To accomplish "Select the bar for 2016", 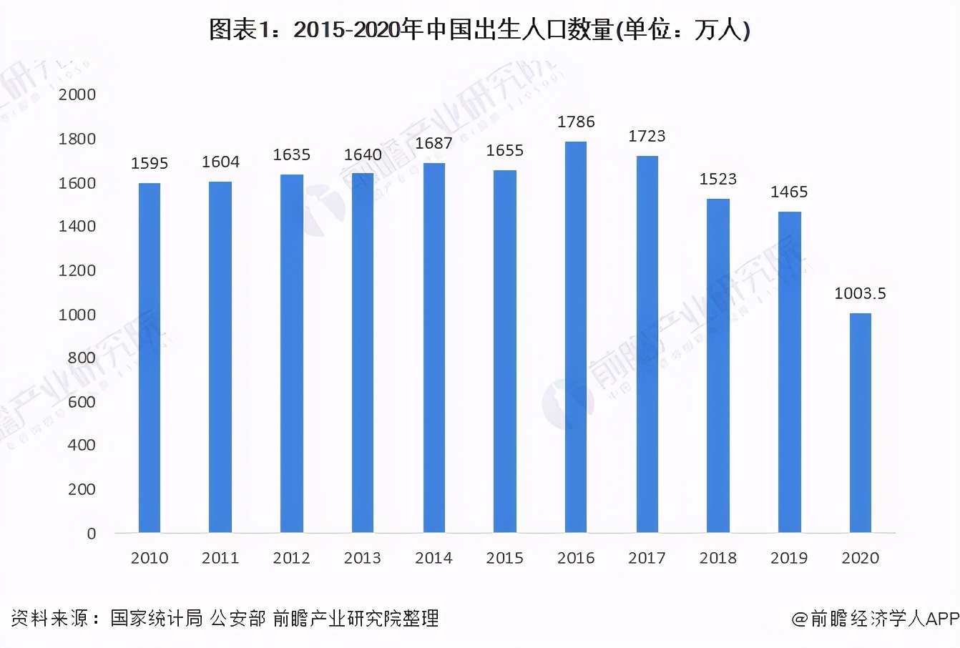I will tap(576, 337).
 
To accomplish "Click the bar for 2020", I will tap(860, 423).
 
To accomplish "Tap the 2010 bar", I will tap(150, 358).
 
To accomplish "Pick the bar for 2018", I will tap(717, 365).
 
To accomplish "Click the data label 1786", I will tap(576, 122).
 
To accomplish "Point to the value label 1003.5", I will tap(860, 293).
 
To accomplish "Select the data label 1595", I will tap(150, 164).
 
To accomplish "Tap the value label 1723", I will tap(647, 137).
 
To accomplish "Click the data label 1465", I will tap(789, 192).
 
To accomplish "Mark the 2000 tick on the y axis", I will tap(77, 95).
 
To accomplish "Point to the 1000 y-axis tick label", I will tap(77, 315).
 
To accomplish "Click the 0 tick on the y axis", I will tap(92, 534).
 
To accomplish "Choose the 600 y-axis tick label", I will tap(82, 402).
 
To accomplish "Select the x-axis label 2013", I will tap(363, 558).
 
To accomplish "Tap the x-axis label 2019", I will tap(789, 558).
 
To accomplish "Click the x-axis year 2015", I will tap(504, 558).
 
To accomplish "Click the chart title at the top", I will tap(479, 30).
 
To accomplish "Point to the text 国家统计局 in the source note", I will tap(157, 618).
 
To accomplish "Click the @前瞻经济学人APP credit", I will tap(875, 619).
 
